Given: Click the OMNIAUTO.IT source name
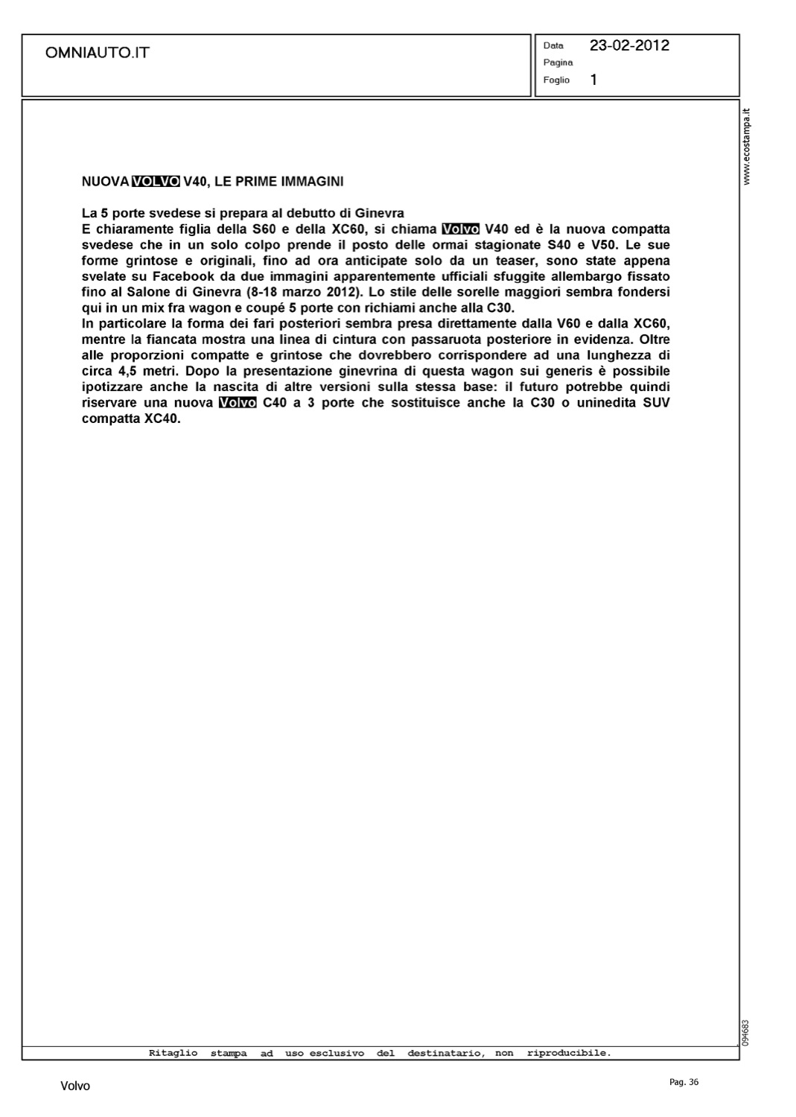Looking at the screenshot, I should coord(98,53).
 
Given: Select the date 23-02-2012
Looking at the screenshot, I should coord(629,45).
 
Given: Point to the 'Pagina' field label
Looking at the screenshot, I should coord(558,63).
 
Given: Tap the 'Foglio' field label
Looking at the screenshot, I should coord(556,80).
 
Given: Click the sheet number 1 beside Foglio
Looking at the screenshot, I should coord(593,80).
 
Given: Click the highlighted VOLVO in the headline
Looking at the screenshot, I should coord(155,181).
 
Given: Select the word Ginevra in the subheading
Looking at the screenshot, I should coord(378,213).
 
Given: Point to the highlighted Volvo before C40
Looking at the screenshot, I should coord(238,403).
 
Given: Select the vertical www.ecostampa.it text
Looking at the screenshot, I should coord(747,147).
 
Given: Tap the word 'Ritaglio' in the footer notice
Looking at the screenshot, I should coord(173,1053).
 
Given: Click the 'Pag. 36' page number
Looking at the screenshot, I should coord(684,1082).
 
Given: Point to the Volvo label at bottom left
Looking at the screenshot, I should coord(75,1086).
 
